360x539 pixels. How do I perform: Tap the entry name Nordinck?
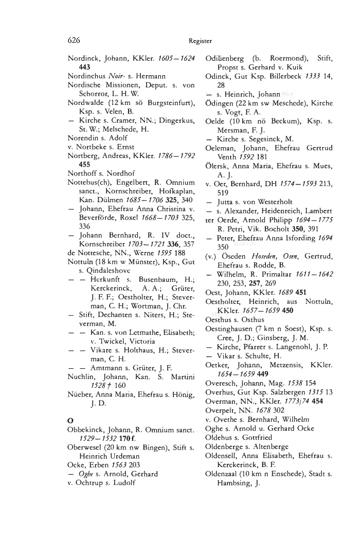(x=83, y=59)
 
